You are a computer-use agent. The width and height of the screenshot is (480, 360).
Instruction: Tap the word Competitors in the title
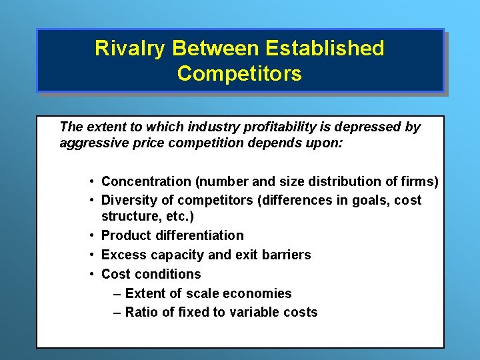click(239, 73)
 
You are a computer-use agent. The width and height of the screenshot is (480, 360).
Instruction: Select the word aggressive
click(91, 143)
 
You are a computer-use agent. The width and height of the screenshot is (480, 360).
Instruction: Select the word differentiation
click(199, 235)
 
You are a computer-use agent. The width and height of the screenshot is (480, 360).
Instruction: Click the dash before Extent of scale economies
click(117, 293)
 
